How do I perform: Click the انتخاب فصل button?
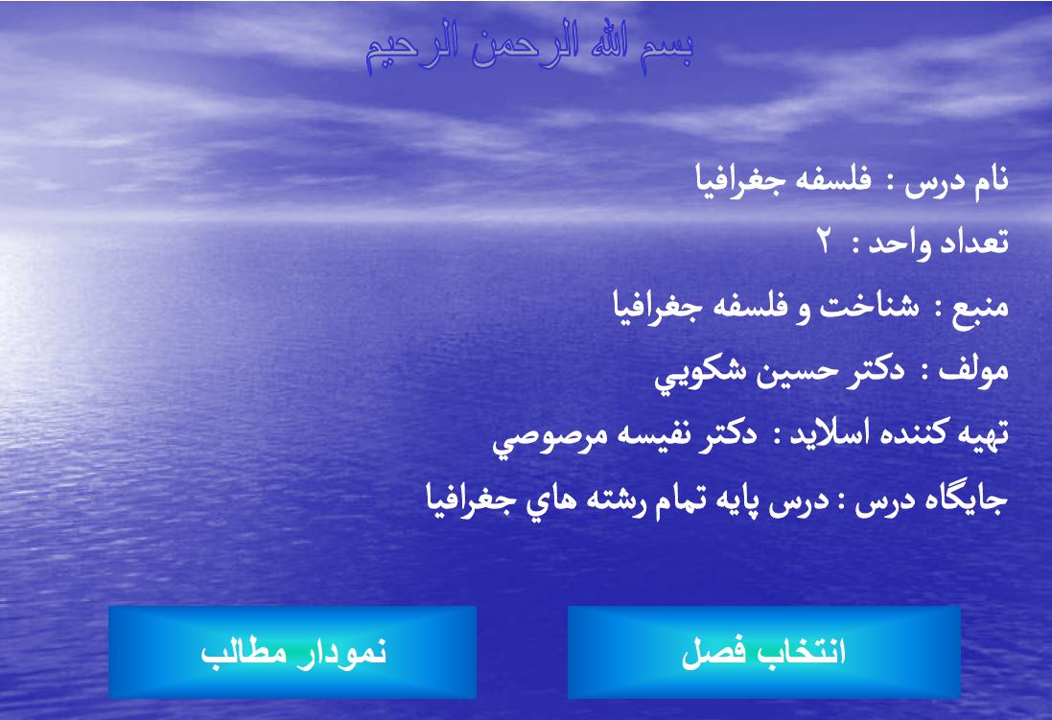coord(763,653)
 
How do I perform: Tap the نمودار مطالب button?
coord(292,653)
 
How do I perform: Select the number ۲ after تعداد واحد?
coord(824,243)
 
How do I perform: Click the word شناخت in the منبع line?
coord(868,308)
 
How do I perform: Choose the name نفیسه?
coord(635,436)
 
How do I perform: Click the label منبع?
coord(981,308)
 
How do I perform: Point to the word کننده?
coord(903,436)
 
